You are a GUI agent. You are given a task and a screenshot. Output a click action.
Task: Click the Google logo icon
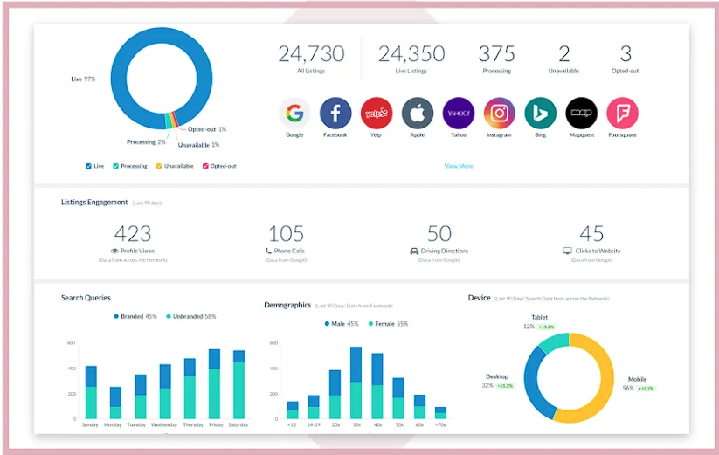click(x=294, y=114)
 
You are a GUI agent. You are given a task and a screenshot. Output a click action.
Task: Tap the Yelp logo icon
click(x=377, y=114)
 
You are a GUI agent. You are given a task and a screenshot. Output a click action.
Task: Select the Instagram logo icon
click(x=500, y=114)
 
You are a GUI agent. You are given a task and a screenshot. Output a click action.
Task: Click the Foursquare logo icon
click(x=623, y=114)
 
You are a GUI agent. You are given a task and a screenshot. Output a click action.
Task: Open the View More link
click(x=459, y=166)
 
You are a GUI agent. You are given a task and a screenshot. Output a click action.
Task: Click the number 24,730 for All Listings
click(x=311, y=54)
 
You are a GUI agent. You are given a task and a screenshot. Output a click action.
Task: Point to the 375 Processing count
click(x=496, y=54)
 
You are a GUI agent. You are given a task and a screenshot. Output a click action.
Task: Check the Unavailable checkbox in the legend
click(x=159, y=166)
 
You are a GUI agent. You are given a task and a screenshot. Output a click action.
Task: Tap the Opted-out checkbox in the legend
click(x=206, y=166)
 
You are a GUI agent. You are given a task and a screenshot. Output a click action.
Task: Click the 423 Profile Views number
click(x=133, y=233)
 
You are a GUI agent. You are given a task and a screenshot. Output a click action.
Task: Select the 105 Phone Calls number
click(x=286, y=233)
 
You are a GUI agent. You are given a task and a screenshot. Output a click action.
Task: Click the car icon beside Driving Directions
click(x=414, y=252)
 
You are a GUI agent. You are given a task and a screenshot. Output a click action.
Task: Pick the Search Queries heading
click(x=86, y=298)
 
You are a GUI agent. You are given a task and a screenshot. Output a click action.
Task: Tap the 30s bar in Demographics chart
click(x=356, y=383)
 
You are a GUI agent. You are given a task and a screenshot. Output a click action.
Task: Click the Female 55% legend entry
click(x=392, y=324)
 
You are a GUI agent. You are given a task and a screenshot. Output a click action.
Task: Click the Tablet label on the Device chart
click(x=539, y=318)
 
